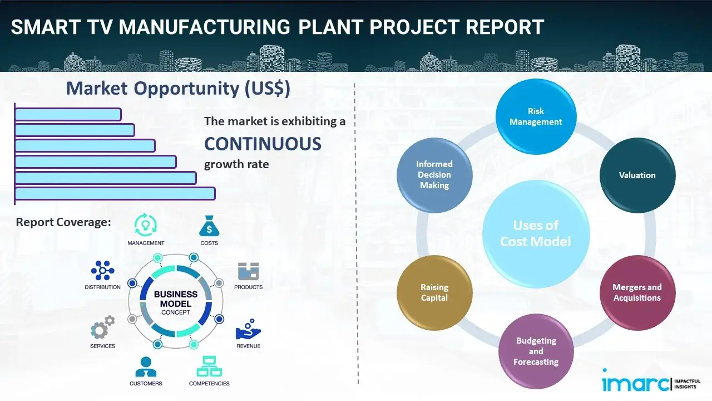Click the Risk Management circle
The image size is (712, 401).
536,117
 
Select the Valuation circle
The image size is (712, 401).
637,175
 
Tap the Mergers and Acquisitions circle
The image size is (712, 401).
637,292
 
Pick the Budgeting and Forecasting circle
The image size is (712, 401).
536,351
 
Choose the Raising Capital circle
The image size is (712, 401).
434,292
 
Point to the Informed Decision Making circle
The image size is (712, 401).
434,175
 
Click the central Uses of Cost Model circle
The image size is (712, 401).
536,233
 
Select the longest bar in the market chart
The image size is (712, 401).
115,193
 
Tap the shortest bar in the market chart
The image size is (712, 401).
68,114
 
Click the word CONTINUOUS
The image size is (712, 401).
263,144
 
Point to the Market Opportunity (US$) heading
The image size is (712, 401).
178,89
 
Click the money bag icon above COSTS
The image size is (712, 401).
209,227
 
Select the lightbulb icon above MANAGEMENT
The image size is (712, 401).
146,225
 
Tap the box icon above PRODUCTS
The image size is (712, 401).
248,272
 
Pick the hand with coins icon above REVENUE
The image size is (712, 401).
248,330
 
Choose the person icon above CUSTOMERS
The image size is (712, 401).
146,367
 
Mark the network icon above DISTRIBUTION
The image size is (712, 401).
102,271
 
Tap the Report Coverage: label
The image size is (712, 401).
63,222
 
